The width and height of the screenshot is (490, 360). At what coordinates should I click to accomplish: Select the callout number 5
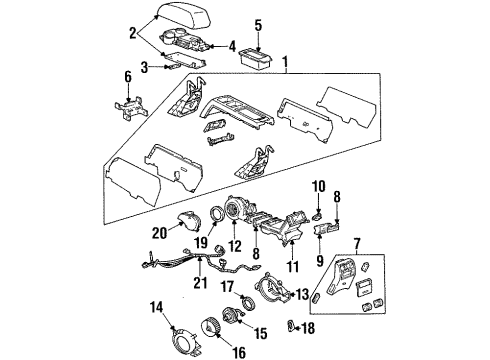258,25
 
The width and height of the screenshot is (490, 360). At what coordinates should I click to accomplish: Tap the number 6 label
126,77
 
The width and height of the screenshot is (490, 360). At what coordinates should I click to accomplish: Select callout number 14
154,306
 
